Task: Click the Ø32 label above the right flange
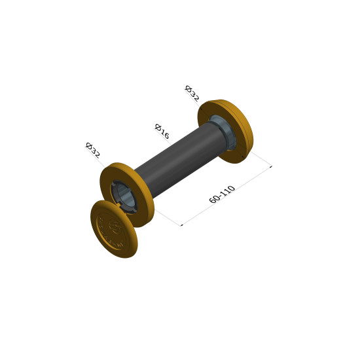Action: click(x=192, y=94)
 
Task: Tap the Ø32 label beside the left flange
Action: click(x=93, y=151)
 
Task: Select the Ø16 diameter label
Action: click(x=162, y=132)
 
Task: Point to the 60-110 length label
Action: click(x=222, y=194)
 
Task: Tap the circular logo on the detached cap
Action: click(x=115, y=226)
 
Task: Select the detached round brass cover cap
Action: click(x=114, y=229)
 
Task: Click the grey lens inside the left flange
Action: click(x=124, y=197)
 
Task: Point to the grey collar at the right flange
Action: click(x=223, y=132)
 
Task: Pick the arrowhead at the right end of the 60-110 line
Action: click(x=271, y=167)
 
